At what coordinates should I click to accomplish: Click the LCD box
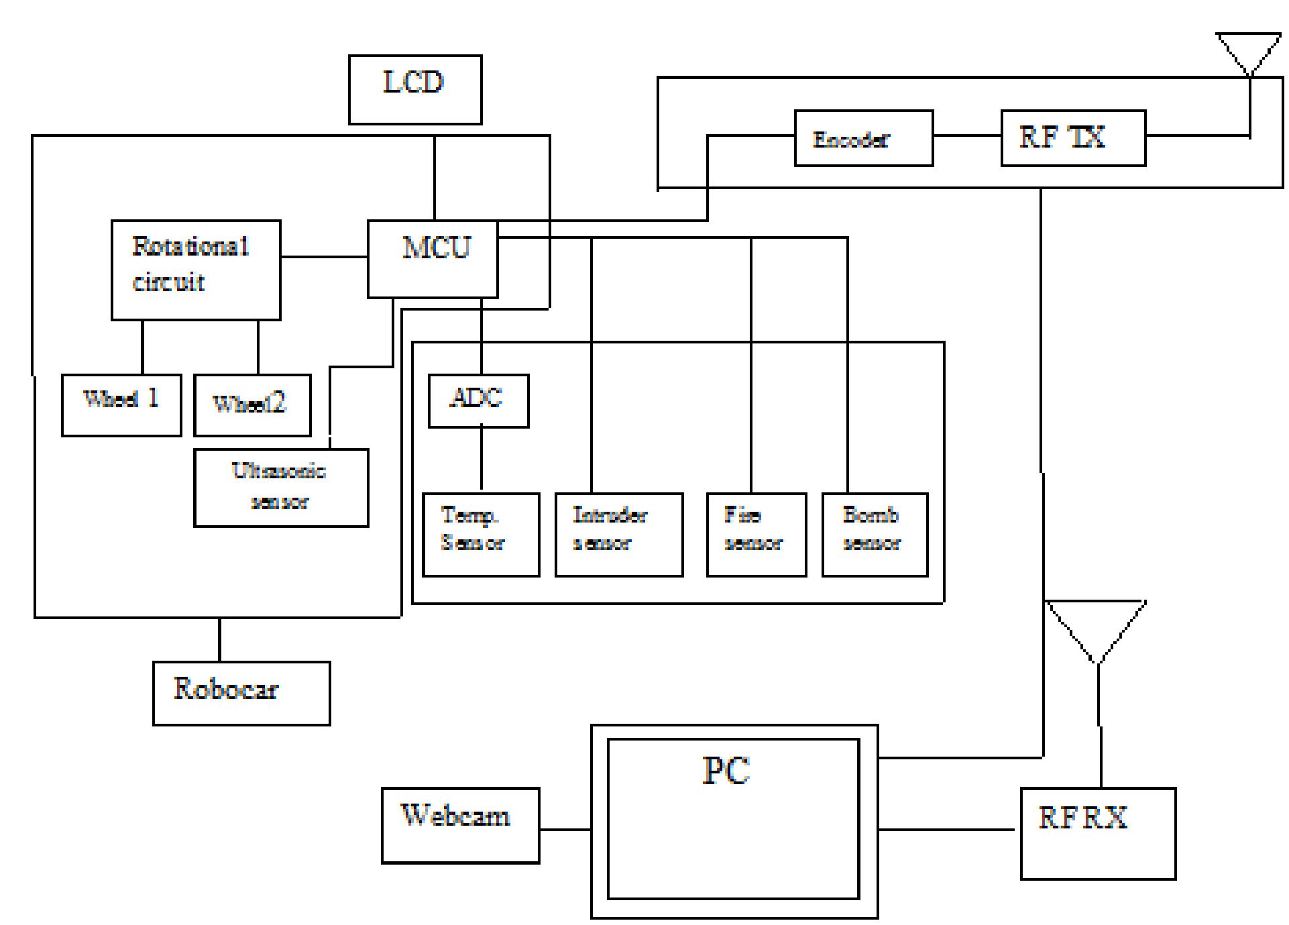point(415,90)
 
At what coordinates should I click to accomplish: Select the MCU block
point(433,259)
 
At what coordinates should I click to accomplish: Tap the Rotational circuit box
point(196,270)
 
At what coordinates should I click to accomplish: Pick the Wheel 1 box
point(121,405)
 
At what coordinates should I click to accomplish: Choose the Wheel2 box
point(252,405)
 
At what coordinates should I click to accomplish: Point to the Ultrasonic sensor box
point(281,488)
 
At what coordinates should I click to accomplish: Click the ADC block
point(478,400)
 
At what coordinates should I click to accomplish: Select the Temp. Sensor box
point(481,535)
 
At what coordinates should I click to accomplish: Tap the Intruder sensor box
point(619,535)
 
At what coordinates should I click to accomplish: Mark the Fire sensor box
point(756,535)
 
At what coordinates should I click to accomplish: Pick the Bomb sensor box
point(875,535)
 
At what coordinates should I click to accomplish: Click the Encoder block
point(864,138)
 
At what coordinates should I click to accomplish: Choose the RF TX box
point(1073,138)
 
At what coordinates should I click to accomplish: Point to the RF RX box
point(1098,833)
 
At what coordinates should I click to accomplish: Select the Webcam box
point(461,825)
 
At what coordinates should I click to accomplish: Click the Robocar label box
point(241,693)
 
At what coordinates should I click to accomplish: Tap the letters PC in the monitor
point(726,771)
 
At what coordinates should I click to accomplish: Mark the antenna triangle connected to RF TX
point(1249,51)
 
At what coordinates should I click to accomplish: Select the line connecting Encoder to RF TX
point(967,136)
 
